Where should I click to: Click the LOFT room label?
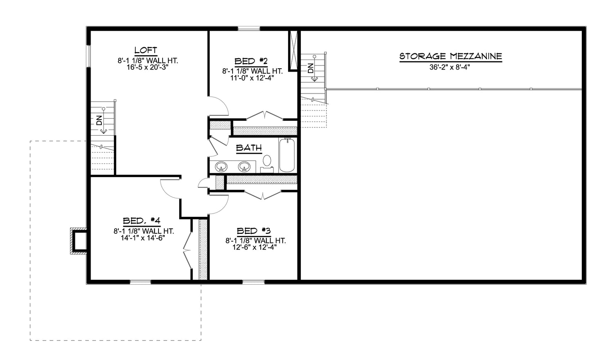(146, 50)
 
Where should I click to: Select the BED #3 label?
(254, 230)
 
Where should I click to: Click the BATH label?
(249, 147)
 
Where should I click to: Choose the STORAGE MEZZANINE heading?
(450, 56)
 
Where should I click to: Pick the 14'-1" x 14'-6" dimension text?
(142, 238)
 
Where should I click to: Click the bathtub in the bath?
(287, 156)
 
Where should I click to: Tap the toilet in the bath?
(267, 162)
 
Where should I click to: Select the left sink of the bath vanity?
(221, 166)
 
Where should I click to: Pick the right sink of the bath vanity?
(244, 166)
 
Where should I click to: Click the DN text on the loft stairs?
(98, 120)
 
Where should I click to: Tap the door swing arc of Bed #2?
(220, 106)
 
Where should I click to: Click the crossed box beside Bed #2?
(293, 50)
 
